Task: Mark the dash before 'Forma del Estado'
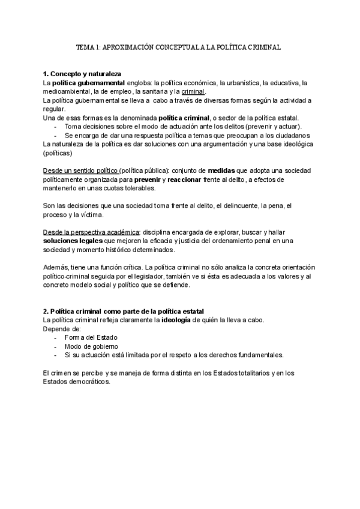55,337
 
